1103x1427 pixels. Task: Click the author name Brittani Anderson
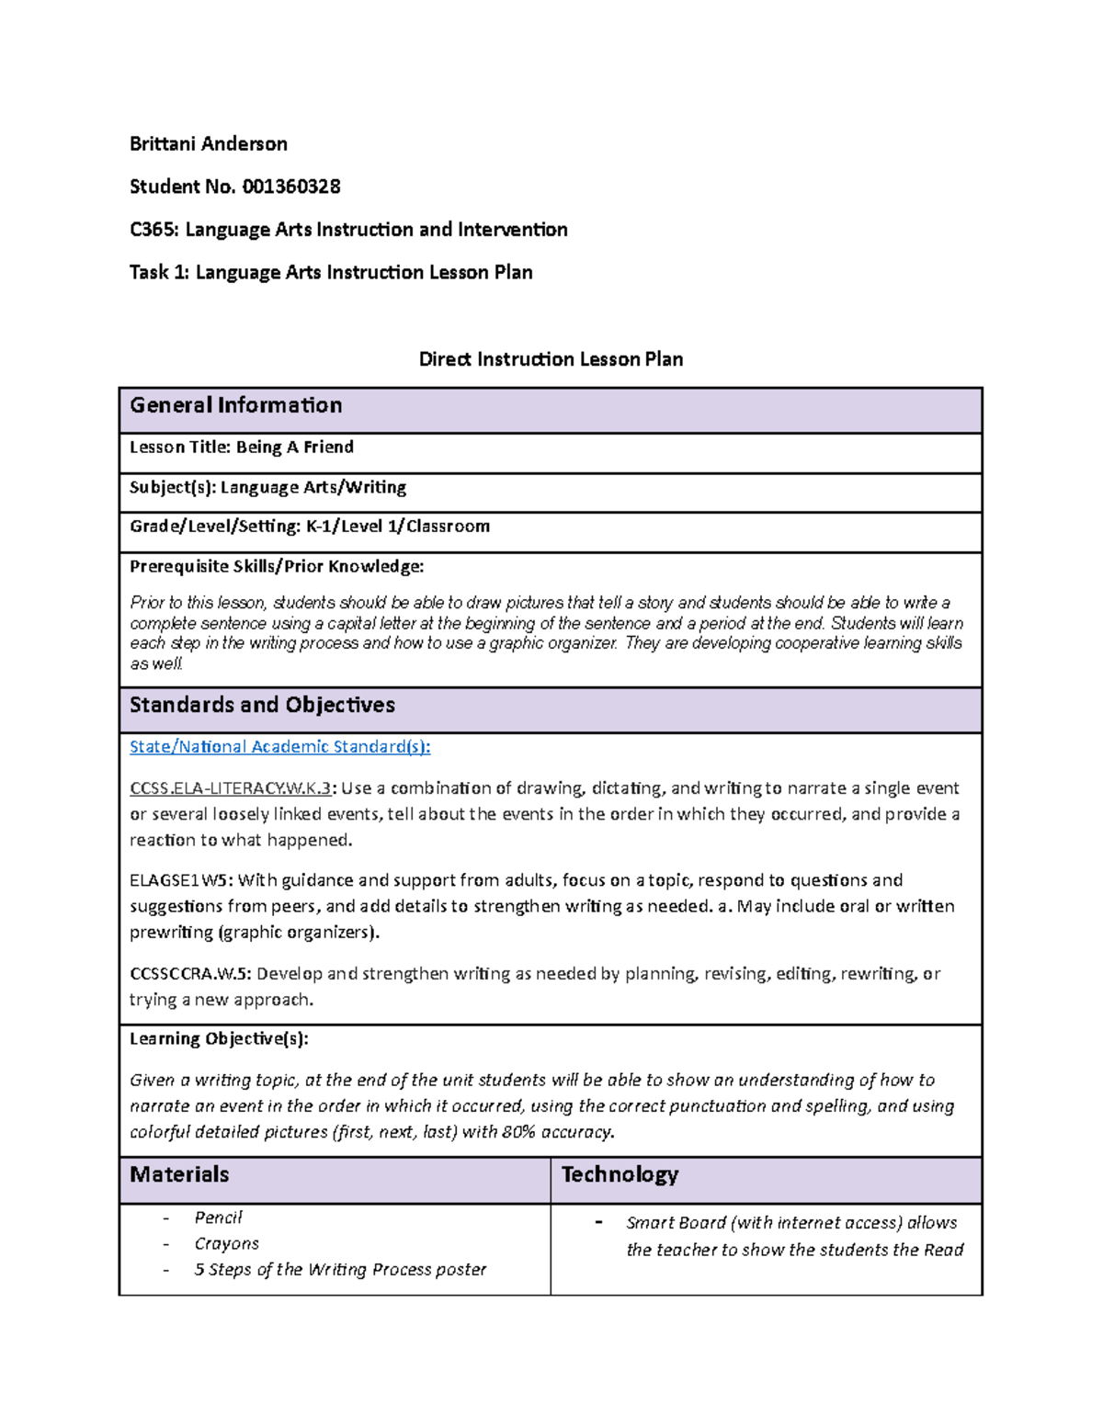pos(209,143)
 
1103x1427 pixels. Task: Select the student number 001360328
pos(290,187)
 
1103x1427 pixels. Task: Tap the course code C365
pos(154,230)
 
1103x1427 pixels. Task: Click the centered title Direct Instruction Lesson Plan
pos(551,359)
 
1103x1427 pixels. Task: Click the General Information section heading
pos(235,405)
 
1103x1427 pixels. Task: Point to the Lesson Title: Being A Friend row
pos(242,447)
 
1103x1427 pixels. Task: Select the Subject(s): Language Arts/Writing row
pos(267,487)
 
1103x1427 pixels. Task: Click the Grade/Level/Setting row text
pos(309,527)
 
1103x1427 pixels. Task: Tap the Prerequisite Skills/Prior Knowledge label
pos(277,566)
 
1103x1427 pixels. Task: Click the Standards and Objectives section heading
pos(262,705)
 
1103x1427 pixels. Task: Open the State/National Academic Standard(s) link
pos(279,747)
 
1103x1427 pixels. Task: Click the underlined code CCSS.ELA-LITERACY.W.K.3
pos(230,788)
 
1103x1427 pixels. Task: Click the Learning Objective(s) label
pos(219,1039)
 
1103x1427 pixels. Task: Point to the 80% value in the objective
pos(519,1132)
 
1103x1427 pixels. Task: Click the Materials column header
pos(179,1174)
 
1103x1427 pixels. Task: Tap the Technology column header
pos(620,1174)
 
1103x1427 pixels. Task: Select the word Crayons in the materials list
pos(226,1243)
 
